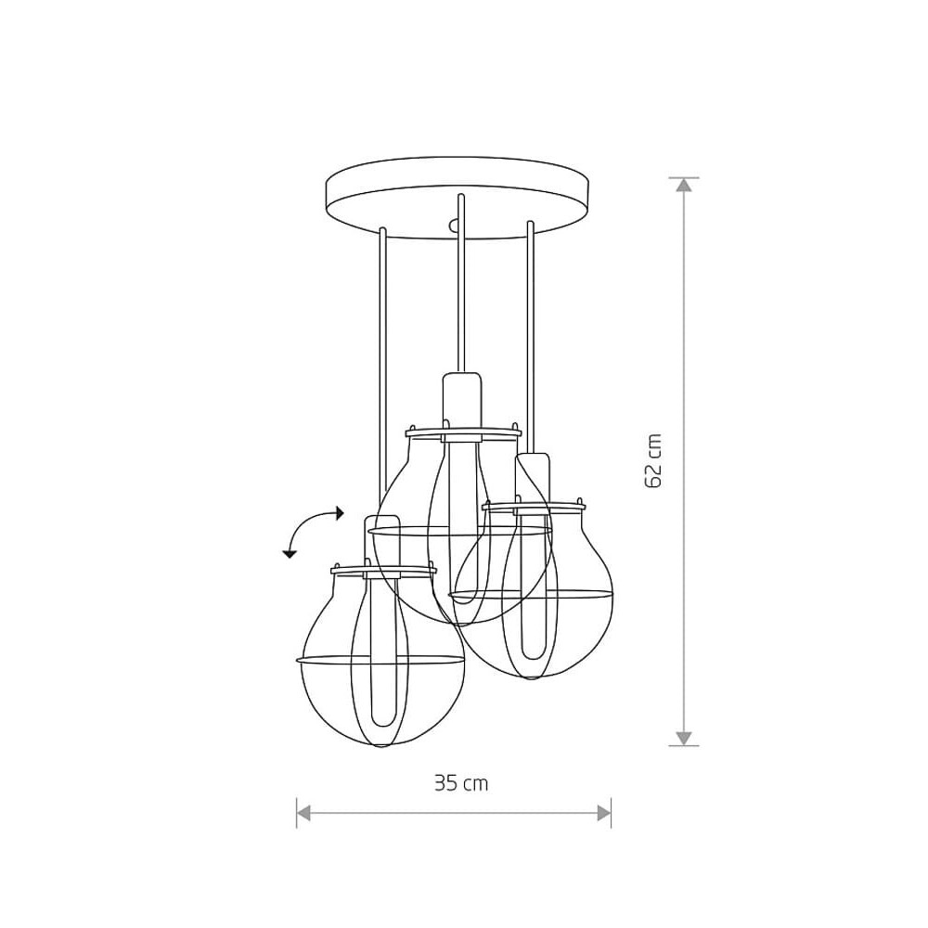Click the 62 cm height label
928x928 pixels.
[x=652, y=461]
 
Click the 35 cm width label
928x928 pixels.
[x=461, y=783]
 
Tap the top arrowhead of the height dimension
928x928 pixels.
[x=684, y=185]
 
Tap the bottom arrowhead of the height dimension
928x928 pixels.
[x=684, y=738]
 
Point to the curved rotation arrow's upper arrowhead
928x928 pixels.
[x=339, y=513]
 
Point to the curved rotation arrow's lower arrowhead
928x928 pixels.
[x=289, y=554]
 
